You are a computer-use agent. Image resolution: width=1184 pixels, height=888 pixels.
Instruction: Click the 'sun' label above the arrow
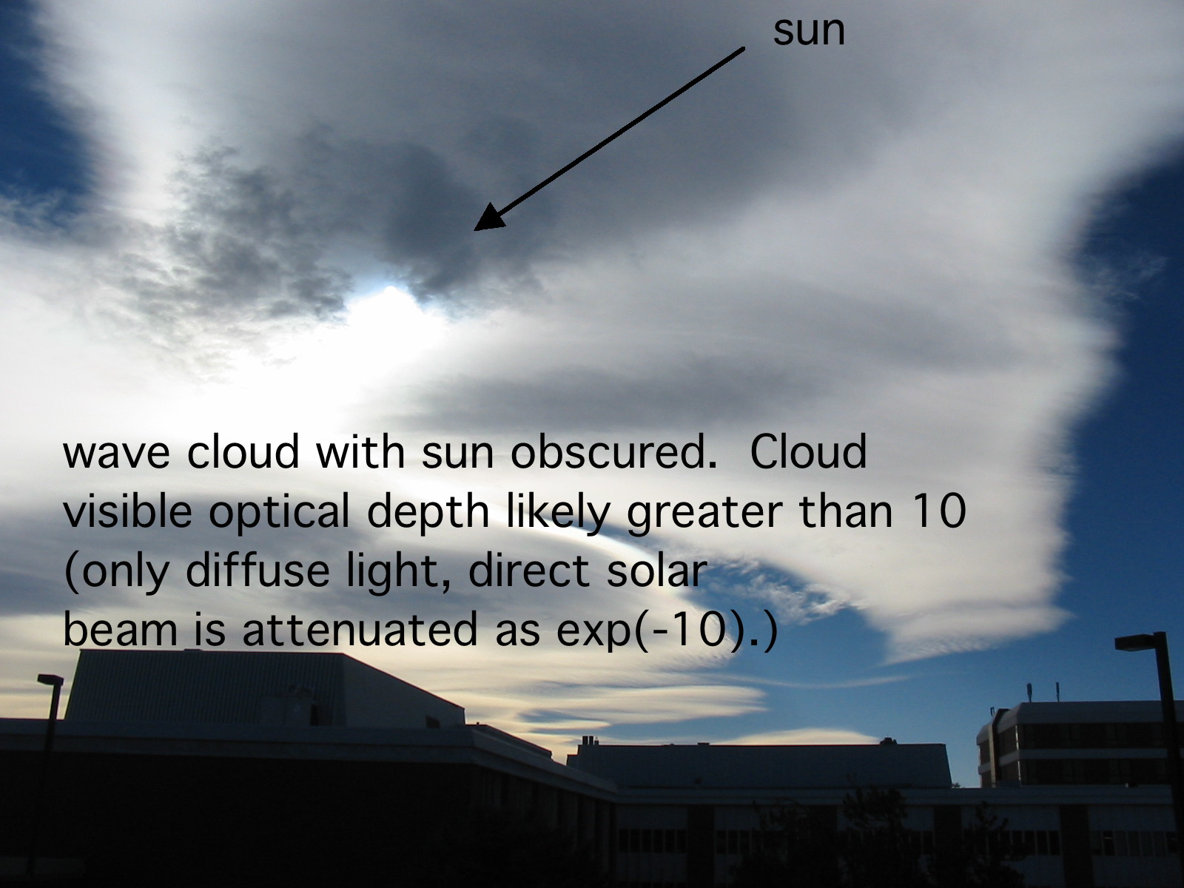[809, 32]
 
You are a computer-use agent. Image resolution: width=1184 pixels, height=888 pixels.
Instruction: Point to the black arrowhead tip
[474, 230]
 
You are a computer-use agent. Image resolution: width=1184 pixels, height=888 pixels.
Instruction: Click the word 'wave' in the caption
[116, 453]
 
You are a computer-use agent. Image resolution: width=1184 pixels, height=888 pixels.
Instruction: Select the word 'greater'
[704, 513]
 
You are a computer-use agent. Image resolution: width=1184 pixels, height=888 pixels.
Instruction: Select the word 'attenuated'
[360, 629]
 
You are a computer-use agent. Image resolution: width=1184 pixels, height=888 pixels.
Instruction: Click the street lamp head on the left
[50, 680]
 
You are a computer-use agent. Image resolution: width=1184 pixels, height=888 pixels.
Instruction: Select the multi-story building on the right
[1074, 744]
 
